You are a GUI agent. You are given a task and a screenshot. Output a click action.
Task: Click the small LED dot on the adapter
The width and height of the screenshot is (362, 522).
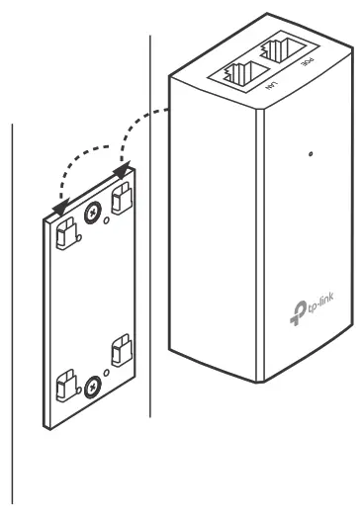[311, 155]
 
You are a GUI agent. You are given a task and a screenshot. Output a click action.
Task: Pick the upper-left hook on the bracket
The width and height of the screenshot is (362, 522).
[67, 232]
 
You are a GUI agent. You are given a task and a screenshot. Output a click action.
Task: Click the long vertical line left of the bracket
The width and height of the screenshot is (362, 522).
[12, 297]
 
